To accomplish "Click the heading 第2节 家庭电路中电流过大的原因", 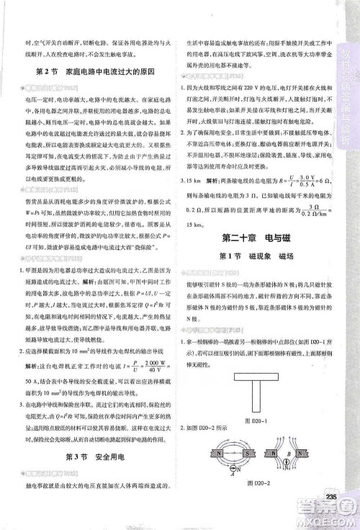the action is click(96, 72).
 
